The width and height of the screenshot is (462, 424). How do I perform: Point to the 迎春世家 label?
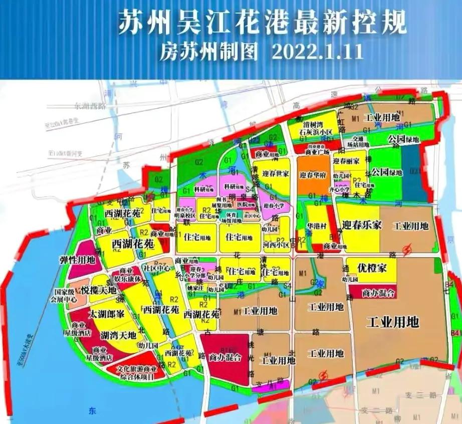point(271,174)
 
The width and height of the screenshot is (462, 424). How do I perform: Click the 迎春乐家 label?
point(362,225)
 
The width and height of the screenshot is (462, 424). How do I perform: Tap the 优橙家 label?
point(371,268)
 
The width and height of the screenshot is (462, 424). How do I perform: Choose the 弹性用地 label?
point(77,260)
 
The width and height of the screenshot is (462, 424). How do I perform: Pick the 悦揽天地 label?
point(99,290)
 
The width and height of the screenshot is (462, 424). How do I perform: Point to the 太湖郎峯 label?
point(106,315)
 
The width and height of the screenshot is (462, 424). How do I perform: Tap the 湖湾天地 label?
point(118,335)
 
